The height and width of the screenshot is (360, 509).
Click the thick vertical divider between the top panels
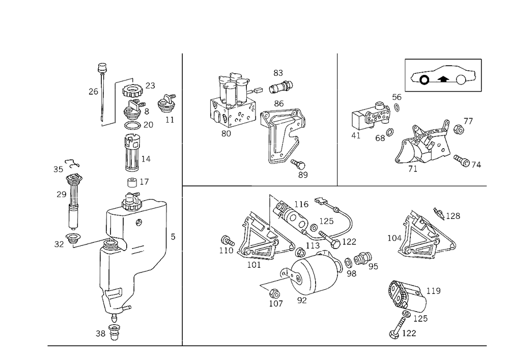pos(337,117)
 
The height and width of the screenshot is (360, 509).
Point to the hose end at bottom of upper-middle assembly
pos(303,174)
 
